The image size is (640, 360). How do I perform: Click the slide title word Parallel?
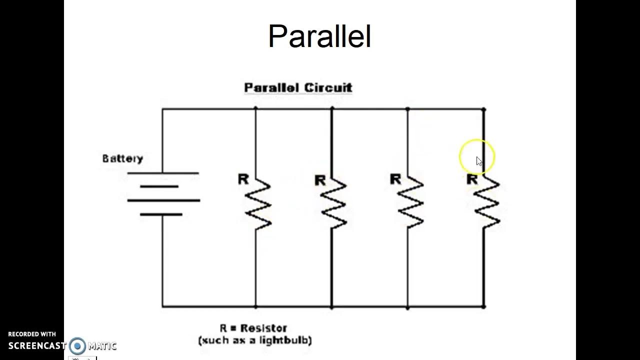click(x=319, y=36)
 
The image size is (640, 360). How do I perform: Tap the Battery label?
click(x=122, y=159)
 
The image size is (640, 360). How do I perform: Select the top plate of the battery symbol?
click(x=163, y=173)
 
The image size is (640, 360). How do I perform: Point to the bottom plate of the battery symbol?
click(x=161, y=214)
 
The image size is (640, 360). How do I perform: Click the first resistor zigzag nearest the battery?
click(x=257, y=204)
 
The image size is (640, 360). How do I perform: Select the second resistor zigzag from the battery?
click(x=333, y=204)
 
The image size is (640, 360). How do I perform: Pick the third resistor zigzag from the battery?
click(x=410, y=204)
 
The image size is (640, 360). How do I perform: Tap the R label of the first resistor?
click(x=243, y=179)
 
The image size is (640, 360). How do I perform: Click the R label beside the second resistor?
click(x=320, y=180)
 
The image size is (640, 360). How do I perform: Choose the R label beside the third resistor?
click(x=395, y=179)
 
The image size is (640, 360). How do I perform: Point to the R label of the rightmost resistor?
click(x=471, y=179)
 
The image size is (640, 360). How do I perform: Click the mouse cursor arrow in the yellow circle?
click(x=479, y=161)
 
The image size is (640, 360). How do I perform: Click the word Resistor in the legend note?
click(x=263, y=328)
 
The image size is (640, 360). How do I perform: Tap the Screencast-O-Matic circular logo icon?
click(x=77, y=346)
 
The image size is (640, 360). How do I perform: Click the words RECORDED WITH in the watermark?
click(x=32, y=334)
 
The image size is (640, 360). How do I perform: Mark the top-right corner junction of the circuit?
click(x=483, y=109)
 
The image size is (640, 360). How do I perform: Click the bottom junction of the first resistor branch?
click(x=256, y=306)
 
